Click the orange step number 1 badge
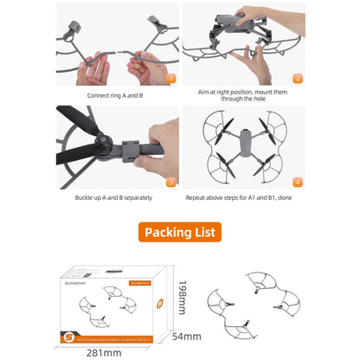pos(171,77)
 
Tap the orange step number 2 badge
pos(296,77)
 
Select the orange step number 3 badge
pos(171,183)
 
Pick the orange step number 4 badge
pos(296,183)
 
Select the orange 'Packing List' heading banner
pos(181,232)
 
